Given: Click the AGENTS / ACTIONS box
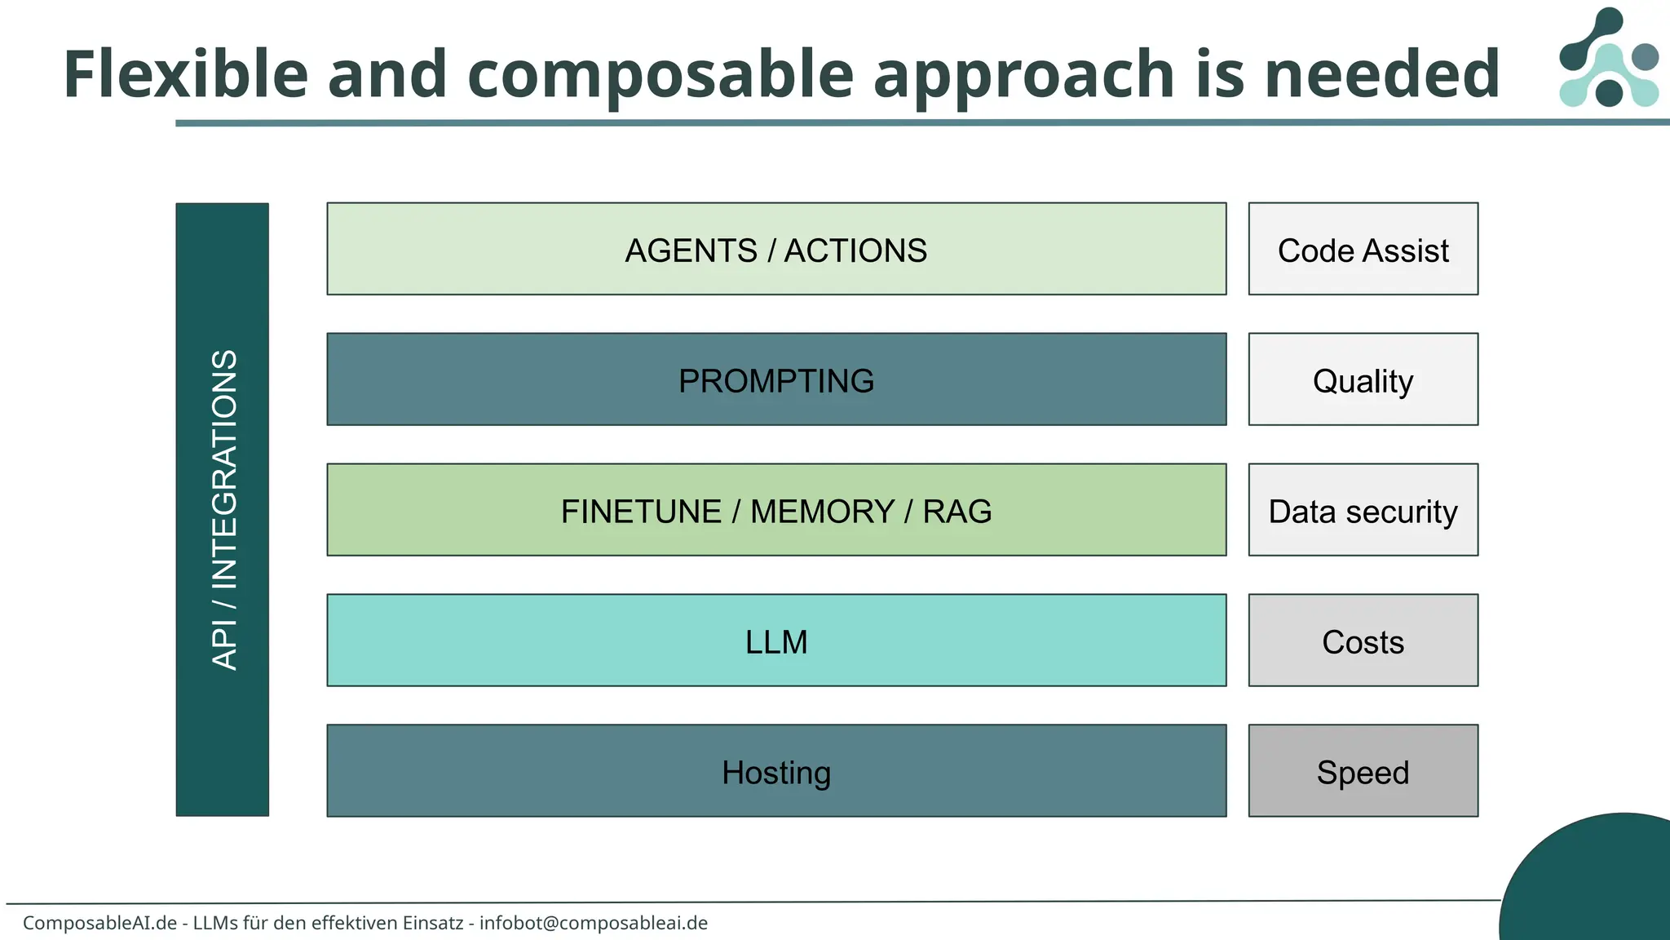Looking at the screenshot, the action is [x=776, y=249].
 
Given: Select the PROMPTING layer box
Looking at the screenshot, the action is [x=776, y=379].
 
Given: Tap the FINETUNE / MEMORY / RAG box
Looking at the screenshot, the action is [x=776, y=510].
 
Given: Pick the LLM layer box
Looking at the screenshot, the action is [x=776, y=641].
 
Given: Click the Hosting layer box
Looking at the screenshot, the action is [x=776, y=771].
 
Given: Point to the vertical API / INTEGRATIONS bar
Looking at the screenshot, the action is [x=223, y=510].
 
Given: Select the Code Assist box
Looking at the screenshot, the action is [x=1363, y=249].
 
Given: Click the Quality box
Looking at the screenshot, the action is [x=1363, y=379].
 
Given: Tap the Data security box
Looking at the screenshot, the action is [x=1363, y=510].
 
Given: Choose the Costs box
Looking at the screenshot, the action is [x=1363, y=641].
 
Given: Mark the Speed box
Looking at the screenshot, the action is [x=1363, y=771].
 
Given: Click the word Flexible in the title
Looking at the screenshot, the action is [x=185, y=75].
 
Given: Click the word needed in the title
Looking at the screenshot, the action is [x=1381, y=75].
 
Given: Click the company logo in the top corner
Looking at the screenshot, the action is [x=1608, y=59].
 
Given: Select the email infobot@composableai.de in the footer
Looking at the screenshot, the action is [x=594, y=923].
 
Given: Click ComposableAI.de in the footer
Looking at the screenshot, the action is [x=99, y=923].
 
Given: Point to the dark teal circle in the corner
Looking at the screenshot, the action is [x=1598, y=885].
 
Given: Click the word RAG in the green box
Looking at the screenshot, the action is [x=957, y=512].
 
